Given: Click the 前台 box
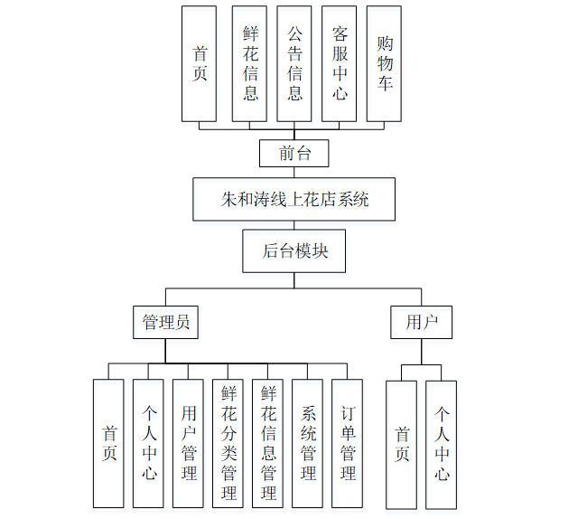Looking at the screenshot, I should (x=293, y=154).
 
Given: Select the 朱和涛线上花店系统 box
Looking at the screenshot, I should (x=293, y=199).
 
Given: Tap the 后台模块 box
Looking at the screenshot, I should (x=294, y=250).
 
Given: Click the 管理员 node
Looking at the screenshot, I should (x=166, y=322).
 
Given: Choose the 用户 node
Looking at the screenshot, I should (x=422, y=322).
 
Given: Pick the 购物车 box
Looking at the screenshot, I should (x=384, y=63).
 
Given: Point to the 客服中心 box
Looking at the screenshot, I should (x=340, y=63).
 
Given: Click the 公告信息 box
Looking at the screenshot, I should (x=294, y=63).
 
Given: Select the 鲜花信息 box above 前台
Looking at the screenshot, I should (x=249, y=63).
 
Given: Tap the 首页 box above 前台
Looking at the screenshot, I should (x=199, y=63).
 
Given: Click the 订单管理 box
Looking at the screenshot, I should (x=347, y=443).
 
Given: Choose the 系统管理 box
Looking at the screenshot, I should (x=307, y=443).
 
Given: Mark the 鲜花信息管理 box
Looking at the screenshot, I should (x=267, y=443).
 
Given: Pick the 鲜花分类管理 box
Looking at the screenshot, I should (x=228, y=443).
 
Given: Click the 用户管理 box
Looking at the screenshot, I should (x=188, y=443).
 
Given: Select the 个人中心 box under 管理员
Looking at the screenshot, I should (x=148, y=443).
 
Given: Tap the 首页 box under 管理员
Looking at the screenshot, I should (x=108, y=443).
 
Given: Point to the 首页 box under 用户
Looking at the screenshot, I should (x=401, y=444).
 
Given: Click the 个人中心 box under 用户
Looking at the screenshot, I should (x=441, y=444).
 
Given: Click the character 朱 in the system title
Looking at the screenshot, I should (x=229, y=200).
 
